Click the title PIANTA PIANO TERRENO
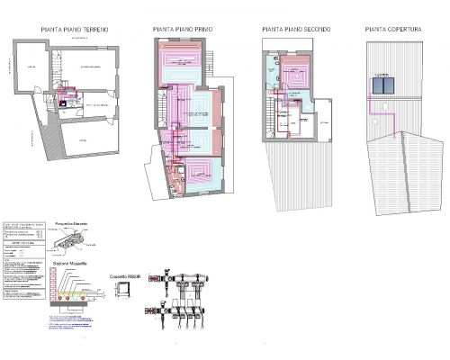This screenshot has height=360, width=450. click(75, 30)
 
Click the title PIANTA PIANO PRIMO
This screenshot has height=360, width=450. click(185, 30)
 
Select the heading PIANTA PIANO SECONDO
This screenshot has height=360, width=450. click(295, 30)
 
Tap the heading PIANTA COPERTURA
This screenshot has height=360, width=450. click(393, 30)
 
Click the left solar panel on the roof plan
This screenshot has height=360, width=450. click(379, 85)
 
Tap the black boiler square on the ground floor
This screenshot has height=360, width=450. click(63, 102)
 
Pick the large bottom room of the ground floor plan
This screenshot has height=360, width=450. click(85, 144)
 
